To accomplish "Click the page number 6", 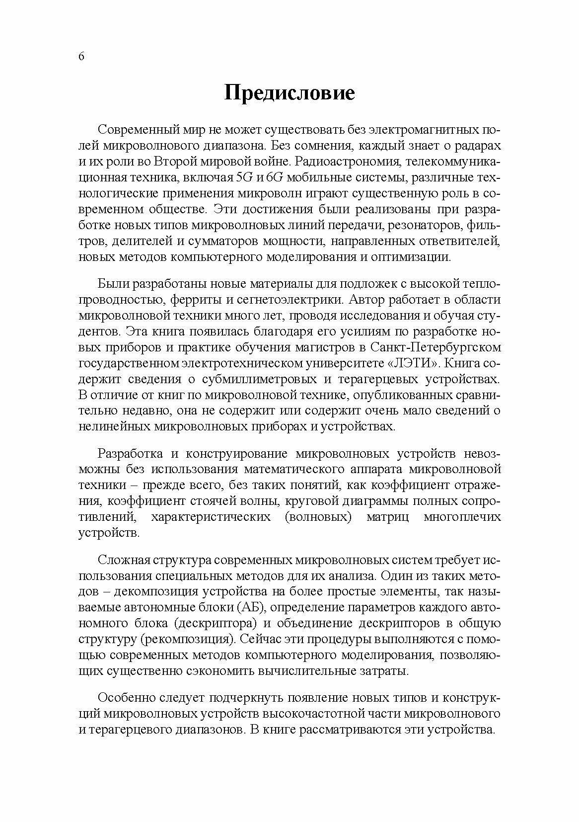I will (x=81, y=57).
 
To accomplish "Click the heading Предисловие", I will (x=289, y=93).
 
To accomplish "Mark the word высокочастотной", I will (x=318, y=714).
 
